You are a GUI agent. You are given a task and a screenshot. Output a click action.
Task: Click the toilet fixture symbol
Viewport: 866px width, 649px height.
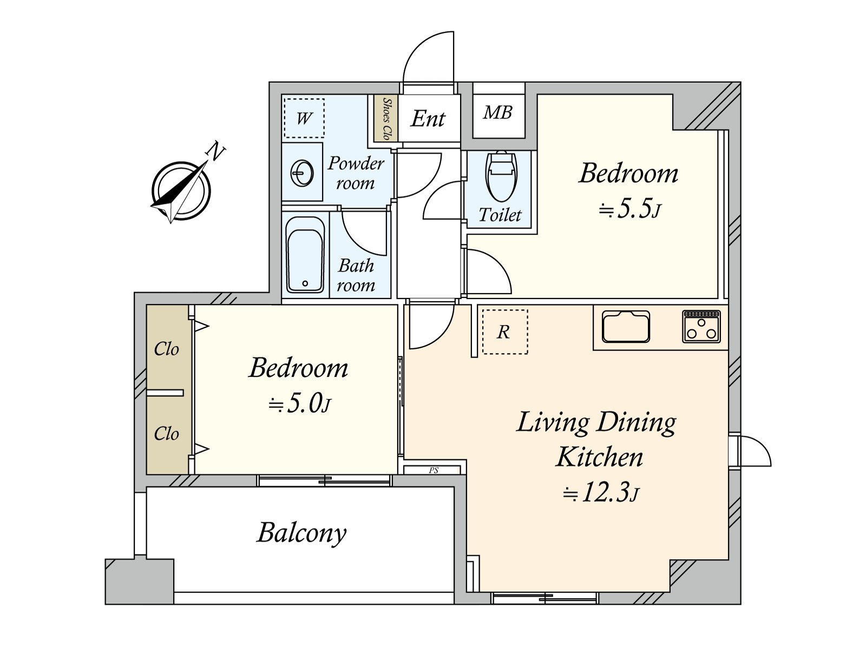pos(501,176)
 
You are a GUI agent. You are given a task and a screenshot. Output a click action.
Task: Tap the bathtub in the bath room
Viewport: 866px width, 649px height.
pos(305,254)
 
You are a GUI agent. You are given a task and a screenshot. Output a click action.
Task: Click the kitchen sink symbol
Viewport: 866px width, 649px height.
pos(626,327)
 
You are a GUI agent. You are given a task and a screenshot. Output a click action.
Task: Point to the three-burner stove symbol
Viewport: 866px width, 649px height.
pos(701,326)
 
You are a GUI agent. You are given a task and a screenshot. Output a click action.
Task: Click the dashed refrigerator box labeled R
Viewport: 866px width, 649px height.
pos(504,332)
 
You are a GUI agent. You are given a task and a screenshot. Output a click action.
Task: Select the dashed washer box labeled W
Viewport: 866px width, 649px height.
pos(304,118)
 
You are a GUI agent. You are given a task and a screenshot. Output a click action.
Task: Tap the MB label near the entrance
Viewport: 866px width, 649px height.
pos(498,112)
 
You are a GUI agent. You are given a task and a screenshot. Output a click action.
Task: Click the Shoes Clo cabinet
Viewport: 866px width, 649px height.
pos(386,118)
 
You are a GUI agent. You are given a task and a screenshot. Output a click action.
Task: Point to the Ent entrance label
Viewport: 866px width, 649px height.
pos(428,118)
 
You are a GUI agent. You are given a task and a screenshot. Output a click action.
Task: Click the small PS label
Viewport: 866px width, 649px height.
pos(433,471)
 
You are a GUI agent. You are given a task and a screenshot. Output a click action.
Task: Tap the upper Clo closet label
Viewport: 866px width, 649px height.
pos(166,349)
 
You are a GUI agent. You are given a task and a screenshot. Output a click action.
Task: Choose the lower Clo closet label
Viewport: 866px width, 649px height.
pos(166,434)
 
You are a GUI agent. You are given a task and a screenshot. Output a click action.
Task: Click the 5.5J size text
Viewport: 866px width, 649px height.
pos(630,209)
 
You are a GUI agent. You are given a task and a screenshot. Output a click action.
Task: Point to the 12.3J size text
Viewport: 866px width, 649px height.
pos(601,493)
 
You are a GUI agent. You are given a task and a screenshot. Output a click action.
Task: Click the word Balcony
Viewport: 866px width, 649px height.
pos(301,533)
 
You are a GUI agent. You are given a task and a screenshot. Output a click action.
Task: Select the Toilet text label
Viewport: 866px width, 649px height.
pos(500,215)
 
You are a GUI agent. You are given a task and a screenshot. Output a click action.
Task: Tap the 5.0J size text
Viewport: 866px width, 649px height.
pos(300,403)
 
